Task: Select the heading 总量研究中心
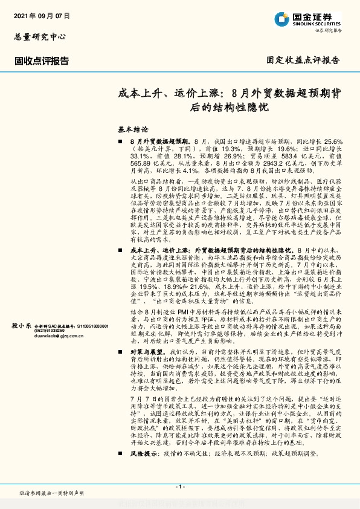tap(39, 37)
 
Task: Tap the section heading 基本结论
tap(132, 129)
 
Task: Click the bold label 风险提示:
tap(146, 468)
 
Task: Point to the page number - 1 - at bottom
tap(179, 487)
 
